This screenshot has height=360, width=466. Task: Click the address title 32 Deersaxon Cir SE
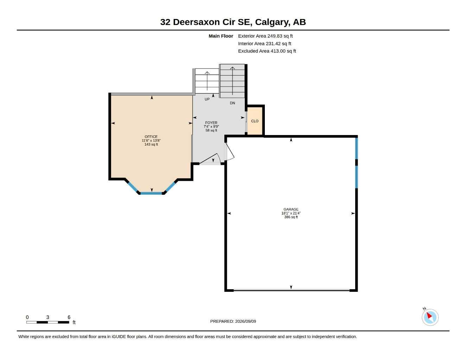coord(206,22)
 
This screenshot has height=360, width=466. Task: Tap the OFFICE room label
coord(151,137)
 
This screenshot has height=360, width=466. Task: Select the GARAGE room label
coord(291,210)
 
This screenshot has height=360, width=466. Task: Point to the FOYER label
coord(211,123)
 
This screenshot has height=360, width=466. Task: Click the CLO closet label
coord(255,121)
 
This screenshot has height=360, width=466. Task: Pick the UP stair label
coord(207,99)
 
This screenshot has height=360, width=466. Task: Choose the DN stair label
coord(232,103)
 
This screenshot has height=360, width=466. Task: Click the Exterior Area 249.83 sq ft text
coord(265,36)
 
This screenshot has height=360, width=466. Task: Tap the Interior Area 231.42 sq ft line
coord(264,44)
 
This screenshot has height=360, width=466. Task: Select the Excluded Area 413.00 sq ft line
coord(267,51)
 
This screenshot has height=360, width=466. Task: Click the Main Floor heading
coord(221,36)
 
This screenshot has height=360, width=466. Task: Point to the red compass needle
coord(429,315)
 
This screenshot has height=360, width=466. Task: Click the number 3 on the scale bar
coord(47,317)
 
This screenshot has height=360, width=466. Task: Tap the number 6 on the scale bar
coord(69,317)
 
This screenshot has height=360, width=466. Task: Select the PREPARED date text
coord(233,321)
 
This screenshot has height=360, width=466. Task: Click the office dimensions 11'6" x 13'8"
coord(151,141)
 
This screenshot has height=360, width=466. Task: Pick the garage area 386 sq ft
coord(291,217)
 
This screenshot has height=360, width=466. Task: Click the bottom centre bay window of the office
coord(151,193)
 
